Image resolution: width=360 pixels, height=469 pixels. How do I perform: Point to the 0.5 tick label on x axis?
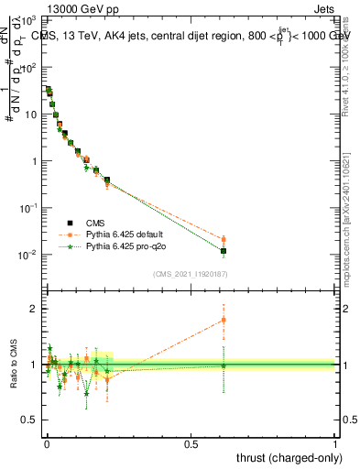coord(191,442)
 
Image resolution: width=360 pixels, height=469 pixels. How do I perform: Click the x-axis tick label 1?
coord(335,442)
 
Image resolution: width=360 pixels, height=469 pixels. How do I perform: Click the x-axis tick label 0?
coord(47,442)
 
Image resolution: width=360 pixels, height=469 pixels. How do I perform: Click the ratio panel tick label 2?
coord(36,309)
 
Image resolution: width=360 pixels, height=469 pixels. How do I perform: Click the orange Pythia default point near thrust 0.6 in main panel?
coord(224,240)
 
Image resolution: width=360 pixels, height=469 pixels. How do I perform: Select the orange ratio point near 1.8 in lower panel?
coord(224,320)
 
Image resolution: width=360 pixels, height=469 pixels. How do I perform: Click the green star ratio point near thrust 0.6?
coord(224,365)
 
